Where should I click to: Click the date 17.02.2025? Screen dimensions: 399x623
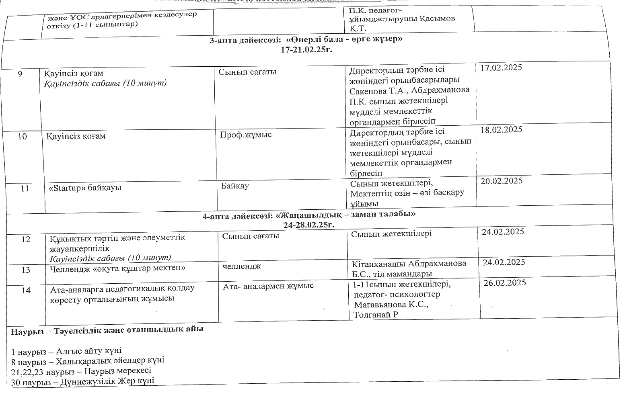click(x=501, y=68)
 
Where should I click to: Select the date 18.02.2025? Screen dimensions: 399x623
click(x=501, y=129)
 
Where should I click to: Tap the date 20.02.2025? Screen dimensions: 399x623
click(x=502, y=181)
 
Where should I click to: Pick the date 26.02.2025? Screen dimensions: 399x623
click(x=505, y=283)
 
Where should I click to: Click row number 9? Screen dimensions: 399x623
click(x=20, y=74)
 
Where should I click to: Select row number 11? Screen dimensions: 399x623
click(x=25, y=188)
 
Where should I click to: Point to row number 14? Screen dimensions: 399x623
click(x=26, y=290)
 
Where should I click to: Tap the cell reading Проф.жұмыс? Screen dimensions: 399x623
click(x=246, y=135)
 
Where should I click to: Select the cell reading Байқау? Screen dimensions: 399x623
click(x=235, y=186)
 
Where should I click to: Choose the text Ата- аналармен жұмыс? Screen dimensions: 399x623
click(x=268, y=286)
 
